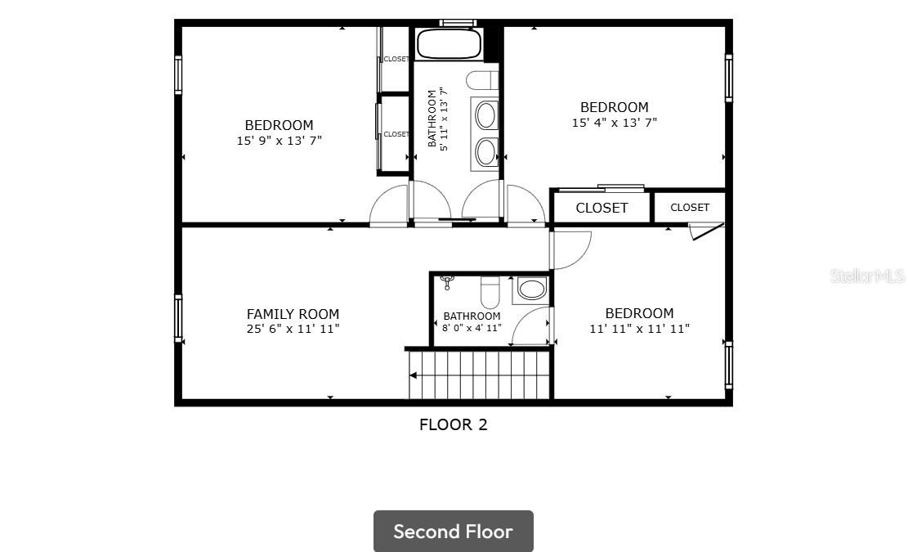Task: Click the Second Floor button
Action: (454, 532)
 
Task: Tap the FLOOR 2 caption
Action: (454, 424)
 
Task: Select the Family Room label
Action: (293, 314)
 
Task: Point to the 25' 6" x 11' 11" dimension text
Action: (293, 329)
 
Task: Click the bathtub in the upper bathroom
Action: (449, 43)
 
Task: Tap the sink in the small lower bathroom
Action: (531, 289)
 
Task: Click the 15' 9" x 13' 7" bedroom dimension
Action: (280, 140)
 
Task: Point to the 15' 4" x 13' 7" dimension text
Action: (615, 122)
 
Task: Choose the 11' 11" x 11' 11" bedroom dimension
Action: (639, 329)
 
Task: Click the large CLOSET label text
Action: (602, 208)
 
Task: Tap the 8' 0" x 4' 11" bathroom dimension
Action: (472, 328)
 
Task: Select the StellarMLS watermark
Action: (867, 276)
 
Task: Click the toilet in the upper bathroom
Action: (482, 80)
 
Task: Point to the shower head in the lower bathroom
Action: (446, 282)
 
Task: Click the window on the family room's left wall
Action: (178, 317)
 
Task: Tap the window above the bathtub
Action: (458, 23)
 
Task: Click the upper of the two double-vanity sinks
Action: (485, 114)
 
